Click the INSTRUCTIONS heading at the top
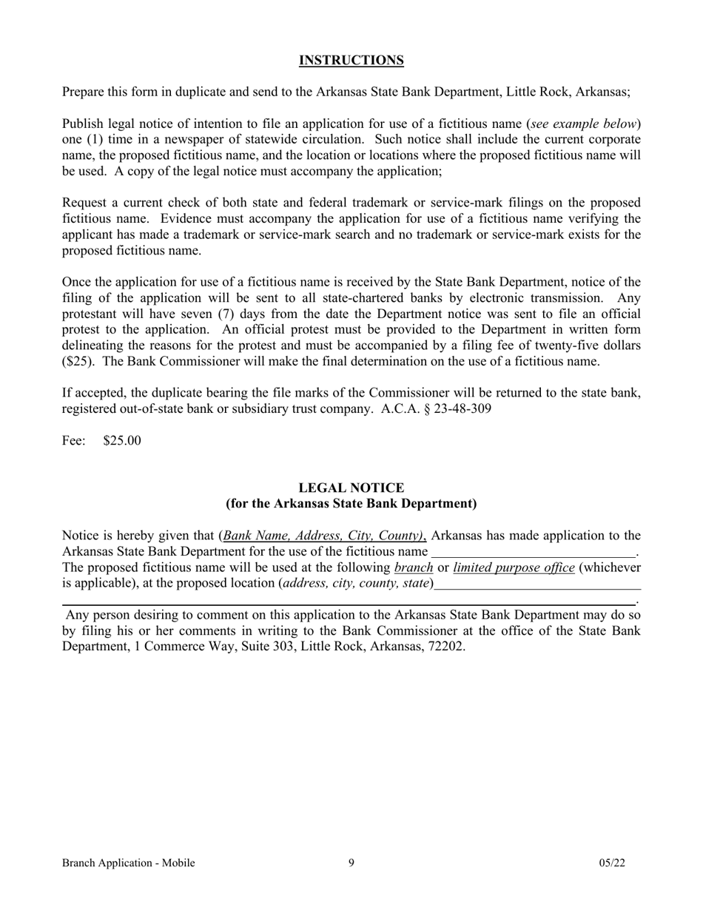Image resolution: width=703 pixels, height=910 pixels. pos(351,61)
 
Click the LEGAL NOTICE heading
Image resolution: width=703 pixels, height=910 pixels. pos(351,488)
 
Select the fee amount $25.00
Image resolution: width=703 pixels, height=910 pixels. pos(122,441)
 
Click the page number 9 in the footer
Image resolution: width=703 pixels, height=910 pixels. pos(351,863)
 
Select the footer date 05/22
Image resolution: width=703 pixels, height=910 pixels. pos(612,863)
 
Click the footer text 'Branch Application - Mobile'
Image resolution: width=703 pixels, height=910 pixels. pos(129,863)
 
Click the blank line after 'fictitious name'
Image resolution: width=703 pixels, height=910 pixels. pos(533,552)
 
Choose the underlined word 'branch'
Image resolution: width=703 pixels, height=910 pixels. pos(414,567)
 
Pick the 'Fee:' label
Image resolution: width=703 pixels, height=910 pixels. pos(74,441)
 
